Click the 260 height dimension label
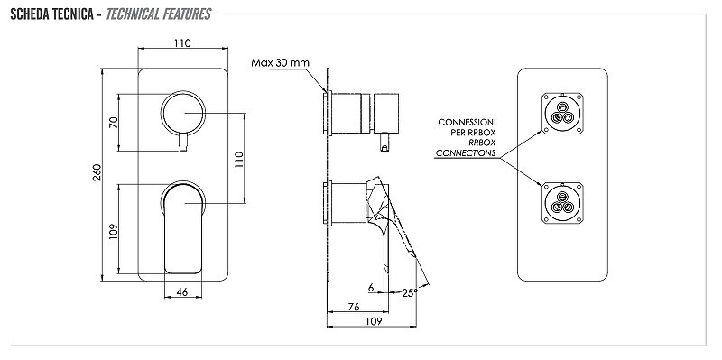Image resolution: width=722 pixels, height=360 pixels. [97, 172]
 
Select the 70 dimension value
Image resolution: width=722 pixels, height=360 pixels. [114, 123]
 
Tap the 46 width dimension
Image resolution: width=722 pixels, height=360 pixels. [182, 291]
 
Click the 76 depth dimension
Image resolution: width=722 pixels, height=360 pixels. [354, 307]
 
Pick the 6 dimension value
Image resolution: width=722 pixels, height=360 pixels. [371, 288]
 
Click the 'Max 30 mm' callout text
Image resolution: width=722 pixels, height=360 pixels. [280, 62]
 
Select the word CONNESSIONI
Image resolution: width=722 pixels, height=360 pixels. [467, 123]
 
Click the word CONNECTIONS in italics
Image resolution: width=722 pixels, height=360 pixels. [466, 153]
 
